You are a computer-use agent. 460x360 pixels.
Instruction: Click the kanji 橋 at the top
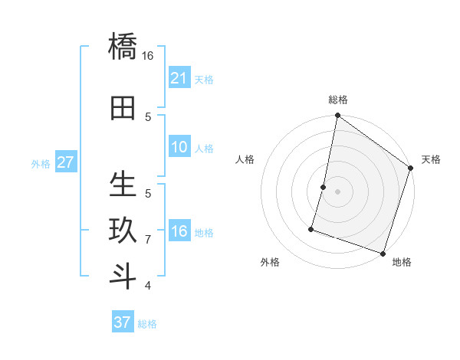click(x=123, y=46)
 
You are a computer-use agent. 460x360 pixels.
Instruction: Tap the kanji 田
click(x=123, y=108)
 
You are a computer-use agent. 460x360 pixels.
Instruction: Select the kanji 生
click(x=123, y=185)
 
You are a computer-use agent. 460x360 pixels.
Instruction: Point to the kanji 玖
click(x=123, y=231)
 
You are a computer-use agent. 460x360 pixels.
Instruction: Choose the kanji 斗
click(x=123, y=277)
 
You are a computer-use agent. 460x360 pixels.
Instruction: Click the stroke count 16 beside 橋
click(x=148, y=56)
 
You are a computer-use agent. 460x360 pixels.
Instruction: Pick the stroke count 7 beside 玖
click(x=148, y=240)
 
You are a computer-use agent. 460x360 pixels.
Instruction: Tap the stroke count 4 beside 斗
click(x=148, y=286)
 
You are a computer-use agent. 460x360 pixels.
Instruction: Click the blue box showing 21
click(x=179, y=78)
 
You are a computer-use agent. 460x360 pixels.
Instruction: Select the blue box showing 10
click(x=179, y=147)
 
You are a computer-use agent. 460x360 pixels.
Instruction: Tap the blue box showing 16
click(x=179, y=231)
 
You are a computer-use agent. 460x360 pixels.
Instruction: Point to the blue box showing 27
click(x=66, y=162)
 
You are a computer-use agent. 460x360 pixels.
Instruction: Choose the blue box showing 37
click(x=123, y=322)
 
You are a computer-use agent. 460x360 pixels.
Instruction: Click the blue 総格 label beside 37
click(x=147, y=324)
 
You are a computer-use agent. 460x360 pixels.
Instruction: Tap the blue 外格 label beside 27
click(x=41, y=164)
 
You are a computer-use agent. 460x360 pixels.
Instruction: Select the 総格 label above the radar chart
click(x=338, y=100)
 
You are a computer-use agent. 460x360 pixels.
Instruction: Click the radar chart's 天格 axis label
click(x=431, y=159)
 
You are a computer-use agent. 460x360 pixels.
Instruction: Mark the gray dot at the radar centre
click(x=337, y=191)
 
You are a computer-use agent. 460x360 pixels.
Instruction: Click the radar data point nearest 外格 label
click(x=312, y=228)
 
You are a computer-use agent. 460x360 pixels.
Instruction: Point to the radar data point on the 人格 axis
click(x=324, y=187)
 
